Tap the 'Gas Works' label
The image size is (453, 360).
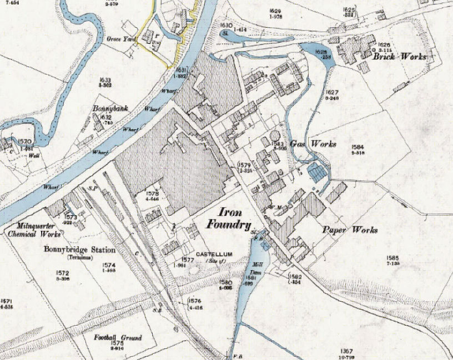(316, 144)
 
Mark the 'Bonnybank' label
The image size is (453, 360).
(110, 110)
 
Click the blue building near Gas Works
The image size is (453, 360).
(316, 173)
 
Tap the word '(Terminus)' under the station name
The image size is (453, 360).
(80, 257)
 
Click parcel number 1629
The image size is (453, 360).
(276, 11)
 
